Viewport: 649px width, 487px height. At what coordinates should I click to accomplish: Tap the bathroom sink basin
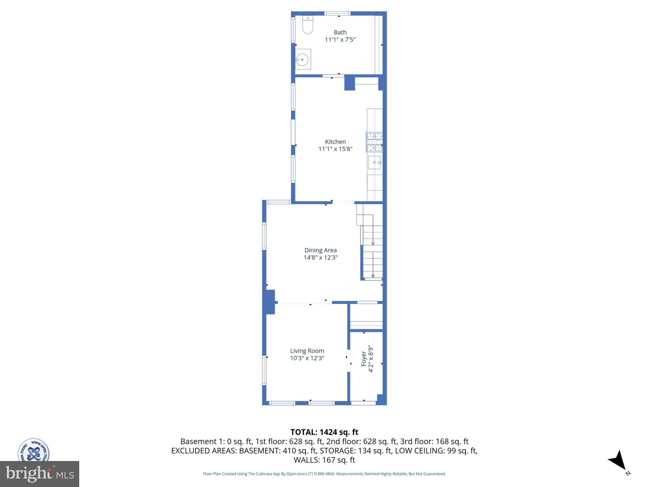303,59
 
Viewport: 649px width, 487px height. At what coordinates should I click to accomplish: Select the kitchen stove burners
374,142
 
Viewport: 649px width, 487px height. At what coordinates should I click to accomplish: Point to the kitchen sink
375,162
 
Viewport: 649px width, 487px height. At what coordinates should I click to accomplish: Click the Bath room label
340,32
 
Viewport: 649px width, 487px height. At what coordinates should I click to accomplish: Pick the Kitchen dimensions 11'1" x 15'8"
335,149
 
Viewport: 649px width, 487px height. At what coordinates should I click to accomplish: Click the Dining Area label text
320,250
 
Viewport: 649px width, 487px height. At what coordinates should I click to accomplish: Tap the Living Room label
307,351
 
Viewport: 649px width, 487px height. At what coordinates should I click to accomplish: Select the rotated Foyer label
364,359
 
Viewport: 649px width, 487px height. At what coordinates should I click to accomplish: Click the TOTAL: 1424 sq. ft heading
324,432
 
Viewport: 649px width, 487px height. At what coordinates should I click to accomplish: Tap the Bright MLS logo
40,474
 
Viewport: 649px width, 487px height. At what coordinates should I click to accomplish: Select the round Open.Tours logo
33,451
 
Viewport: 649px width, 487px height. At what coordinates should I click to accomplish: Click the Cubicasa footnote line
324,474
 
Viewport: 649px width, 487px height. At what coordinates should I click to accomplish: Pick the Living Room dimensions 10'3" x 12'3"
307,358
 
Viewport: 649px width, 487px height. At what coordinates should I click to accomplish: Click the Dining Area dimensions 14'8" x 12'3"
320,258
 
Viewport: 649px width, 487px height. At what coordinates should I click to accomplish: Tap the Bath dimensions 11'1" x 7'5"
340,40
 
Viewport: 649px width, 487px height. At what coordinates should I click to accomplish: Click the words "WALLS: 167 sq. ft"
324,460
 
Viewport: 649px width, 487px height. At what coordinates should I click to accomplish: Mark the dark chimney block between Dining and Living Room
270,302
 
